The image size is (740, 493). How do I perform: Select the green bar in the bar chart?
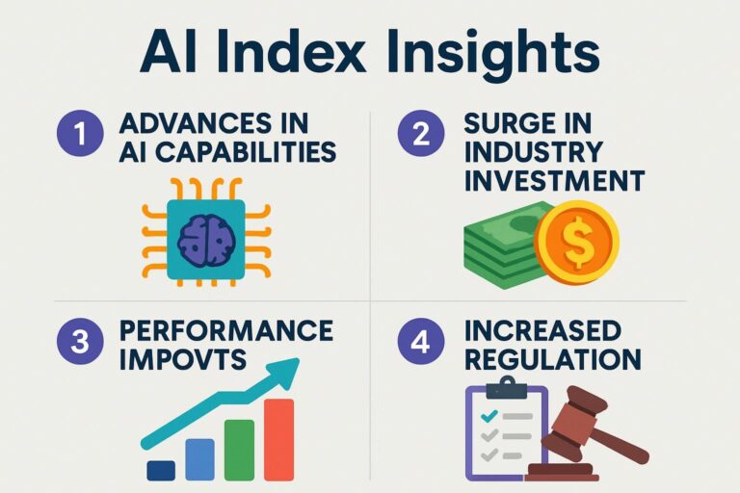pos(239,450)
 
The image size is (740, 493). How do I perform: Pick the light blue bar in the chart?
pos(199,458)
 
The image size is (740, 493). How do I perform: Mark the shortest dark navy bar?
pos(161,470)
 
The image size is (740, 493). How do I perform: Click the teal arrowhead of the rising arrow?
pos(286,369)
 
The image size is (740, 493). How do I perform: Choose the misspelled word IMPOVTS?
pos(182,359)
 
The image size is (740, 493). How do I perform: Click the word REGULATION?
pos(552,359)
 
